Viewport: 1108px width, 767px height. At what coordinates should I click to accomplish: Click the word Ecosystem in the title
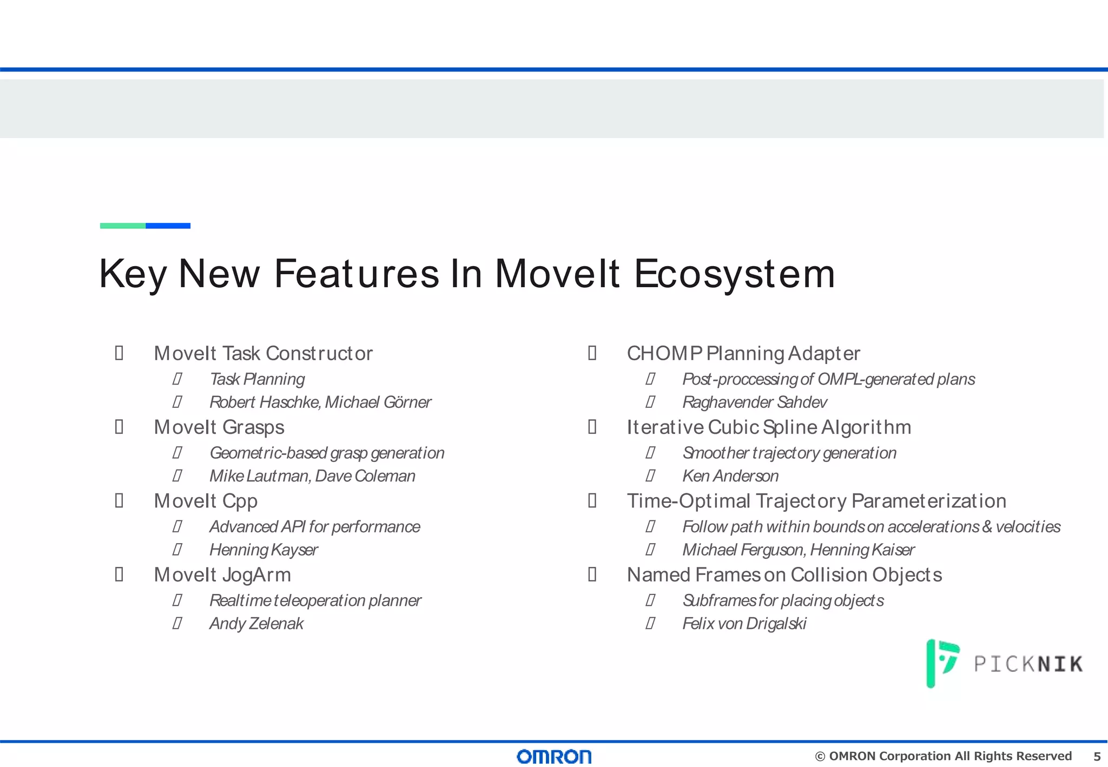tap(734, 274)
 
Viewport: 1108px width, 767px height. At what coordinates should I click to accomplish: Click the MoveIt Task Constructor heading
tap(263, 353)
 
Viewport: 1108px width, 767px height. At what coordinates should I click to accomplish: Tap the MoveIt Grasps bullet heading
tap(219, 427)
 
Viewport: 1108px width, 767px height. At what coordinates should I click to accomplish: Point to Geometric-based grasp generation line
tap(327, 453)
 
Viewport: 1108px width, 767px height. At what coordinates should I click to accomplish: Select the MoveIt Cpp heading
tap(206, 501)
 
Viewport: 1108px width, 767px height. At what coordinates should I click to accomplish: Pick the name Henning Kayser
tap(263, 550)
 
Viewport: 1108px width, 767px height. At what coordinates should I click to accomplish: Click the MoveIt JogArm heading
tap(222, 575)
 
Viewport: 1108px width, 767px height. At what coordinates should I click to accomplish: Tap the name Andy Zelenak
tap(256, 624)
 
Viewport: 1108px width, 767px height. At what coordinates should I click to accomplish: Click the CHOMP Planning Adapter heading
tap(743, 353)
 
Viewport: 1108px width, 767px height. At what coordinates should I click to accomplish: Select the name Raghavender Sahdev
tap(754, 402)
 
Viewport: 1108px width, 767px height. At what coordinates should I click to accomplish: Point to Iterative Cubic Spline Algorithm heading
tap(768, 427)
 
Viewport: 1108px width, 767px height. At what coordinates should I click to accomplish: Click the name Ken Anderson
tap(730, 476)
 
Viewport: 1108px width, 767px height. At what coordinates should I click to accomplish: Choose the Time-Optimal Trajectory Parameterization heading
tap(816, 501)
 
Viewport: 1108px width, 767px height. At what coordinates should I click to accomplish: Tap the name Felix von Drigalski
tap(744, 624)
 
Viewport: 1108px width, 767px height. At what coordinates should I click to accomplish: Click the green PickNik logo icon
tap(942, 663)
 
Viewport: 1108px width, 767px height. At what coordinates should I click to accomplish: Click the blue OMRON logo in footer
tap(554, 756)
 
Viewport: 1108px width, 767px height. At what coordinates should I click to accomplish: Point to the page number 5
tap(1097, 756)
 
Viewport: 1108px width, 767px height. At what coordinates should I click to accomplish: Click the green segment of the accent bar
tap(123, 226)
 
